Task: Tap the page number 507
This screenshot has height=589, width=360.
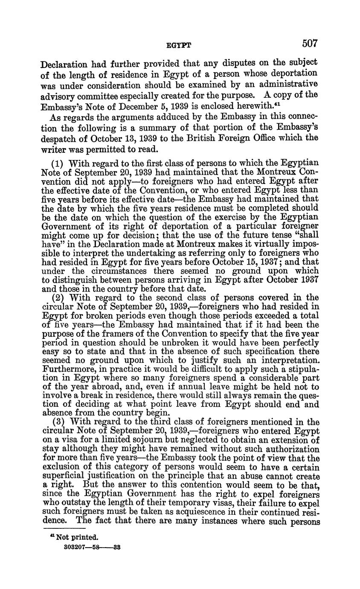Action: [x=310, y=43]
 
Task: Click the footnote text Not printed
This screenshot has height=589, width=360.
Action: [x=77, y=537]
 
